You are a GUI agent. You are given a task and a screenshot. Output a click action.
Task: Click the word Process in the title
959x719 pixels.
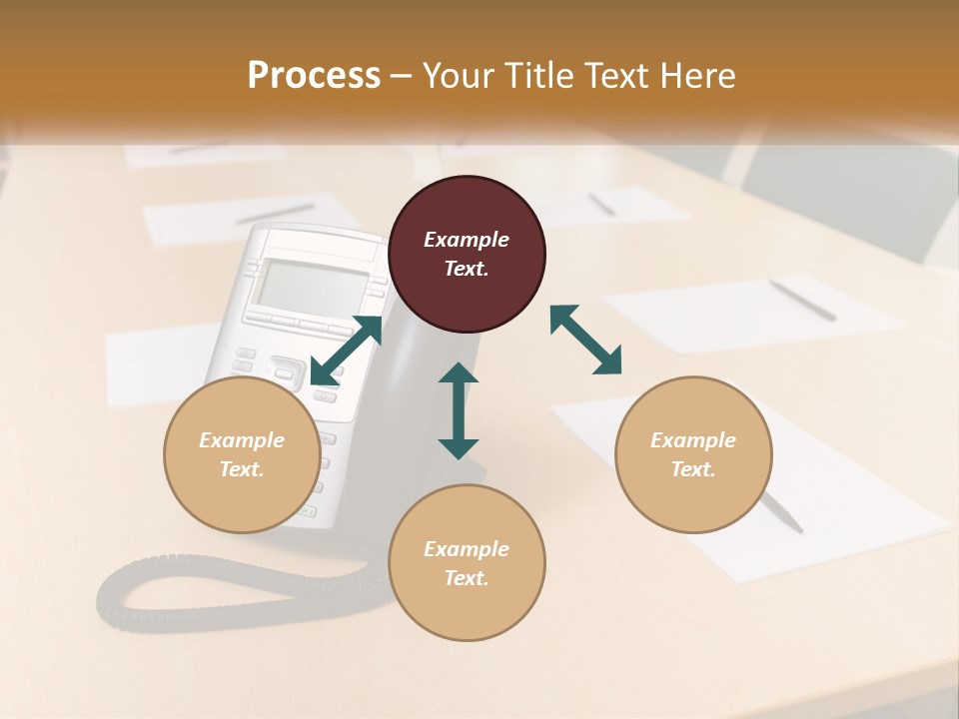click(x=314, y=76)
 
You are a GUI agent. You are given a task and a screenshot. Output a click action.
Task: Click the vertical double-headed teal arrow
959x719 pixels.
click(x=459, y=411)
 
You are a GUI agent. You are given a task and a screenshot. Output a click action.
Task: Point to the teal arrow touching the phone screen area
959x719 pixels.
click(x=346, y=350)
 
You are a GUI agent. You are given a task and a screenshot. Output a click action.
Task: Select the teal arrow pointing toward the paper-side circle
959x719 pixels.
click(x=586, y=341)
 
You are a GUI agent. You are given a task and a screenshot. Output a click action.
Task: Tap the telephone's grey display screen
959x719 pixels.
click(x=310, y=285)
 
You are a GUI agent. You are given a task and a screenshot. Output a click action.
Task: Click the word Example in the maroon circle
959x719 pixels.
click(x=467, y=240)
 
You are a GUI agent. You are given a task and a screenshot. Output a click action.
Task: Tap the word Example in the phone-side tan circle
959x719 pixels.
click(x=242, y=440)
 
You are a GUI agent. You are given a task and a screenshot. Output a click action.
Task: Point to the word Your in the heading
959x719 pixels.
click(x=458, y=76)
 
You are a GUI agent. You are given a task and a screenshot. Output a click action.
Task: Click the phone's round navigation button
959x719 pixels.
click(x=286, y=373)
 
